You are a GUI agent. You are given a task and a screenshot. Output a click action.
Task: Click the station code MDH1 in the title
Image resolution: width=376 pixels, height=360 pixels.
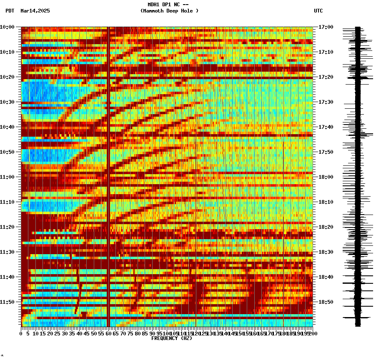(x=153, y=5)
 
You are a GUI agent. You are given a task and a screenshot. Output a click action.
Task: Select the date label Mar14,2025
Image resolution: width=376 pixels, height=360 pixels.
(x=35, y=11)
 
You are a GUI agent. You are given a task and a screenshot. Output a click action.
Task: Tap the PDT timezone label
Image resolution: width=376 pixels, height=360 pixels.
(x=10, y=11)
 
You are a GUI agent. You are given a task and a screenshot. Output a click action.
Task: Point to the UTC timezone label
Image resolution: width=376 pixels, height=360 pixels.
(x=318, y=11)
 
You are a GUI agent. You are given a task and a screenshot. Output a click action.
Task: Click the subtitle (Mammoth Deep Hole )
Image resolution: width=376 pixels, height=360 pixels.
(x=169, y=11)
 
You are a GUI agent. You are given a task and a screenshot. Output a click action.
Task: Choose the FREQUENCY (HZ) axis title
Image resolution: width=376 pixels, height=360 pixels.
(x=172, y=338)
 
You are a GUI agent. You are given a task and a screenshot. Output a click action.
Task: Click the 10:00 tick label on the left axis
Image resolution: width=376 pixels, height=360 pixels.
(x=7, y=27)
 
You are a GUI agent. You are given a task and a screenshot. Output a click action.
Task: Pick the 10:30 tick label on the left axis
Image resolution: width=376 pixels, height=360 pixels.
(x=7, y=102)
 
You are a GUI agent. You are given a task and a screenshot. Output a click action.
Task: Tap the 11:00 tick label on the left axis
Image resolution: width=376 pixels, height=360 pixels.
(x=7, y=177)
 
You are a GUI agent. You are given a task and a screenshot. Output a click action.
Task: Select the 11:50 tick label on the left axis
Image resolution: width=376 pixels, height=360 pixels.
(x=7, y=302)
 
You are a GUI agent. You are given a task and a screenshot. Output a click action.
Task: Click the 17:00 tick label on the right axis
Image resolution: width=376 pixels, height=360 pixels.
(x=326, y=27)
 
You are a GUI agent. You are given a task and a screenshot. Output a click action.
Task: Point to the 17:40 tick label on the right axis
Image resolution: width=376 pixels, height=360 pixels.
(x=326, y=127)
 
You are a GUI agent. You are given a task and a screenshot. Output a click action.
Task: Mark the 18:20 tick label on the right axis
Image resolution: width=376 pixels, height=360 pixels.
(x=326, y=227)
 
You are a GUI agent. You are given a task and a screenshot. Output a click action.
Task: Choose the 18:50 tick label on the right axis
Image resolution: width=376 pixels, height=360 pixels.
(x=326, y=302)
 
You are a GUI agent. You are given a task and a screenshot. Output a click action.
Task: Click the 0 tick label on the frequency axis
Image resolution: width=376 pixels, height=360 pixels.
(x=21, y=333)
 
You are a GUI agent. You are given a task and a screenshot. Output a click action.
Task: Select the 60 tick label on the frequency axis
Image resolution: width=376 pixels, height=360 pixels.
(x=108, y=333)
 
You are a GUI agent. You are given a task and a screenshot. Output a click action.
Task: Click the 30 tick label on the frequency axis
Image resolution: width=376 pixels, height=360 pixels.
(x=65, y=333)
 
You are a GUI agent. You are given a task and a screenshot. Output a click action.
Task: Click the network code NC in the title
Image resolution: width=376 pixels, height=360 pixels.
(x=177, y=5)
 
